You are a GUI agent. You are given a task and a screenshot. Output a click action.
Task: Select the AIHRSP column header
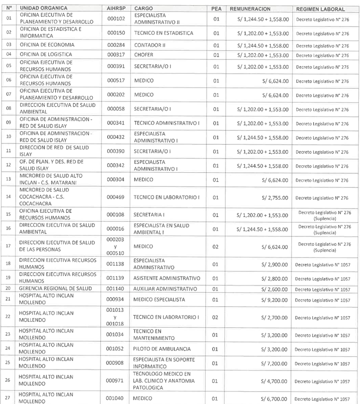click(116, 9)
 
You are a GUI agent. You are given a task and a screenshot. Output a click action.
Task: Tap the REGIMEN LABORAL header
click(320, 9)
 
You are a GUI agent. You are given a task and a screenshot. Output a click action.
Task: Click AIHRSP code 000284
click(116, 45)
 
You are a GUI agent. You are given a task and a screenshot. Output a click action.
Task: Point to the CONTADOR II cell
click(151, 45)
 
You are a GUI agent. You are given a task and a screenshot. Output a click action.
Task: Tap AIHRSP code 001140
click(116, 288)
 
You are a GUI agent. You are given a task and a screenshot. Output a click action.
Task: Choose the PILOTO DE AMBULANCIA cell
click(162, 349)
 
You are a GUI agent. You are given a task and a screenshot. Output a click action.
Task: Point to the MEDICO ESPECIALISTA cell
click(159, 300)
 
